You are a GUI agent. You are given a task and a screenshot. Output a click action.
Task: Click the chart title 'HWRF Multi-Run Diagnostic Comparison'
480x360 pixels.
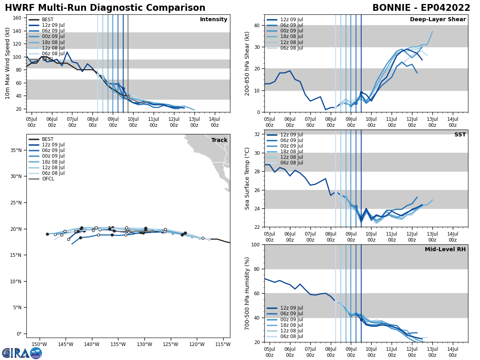105,8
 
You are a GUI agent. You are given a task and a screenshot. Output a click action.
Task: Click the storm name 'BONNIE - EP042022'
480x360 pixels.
421,8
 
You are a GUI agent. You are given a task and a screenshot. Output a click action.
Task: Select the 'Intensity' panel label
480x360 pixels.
214,20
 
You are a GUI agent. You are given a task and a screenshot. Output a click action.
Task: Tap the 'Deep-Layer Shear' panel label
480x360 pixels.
438,20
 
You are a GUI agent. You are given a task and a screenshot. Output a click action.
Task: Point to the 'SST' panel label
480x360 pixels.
460,135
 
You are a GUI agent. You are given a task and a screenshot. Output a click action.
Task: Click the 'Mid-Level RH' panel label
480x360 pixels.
445,250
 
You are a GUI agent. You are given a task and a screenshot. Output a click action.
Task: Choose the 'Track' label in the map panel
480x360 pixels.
219,140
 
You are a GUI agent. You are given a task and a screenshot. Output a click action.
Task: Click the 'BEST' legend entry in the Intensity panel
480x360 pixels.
48,20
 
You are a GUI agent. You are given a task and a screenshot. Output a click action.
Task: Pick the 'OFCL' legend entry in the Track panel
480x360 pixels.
48,179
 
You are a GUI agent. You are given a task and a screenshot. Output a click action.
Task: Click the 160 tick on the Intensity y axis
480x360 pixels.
18,18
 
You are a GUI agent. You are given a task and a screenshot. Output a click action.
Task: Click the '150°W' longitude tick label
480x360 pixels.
39,344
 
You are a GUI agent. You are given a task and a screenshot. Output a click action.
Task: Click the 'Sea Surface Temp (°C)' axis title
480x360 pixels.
247,178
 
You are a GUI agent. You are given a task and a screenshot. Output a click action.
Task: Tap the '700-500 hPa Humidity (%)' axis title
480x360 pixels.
247,293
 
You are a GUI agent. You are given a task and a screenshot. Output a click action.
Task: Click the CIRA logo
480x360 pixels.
22,353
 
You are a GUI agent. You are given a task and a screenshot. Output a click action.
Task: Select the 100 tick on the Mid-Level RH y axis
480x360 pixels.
255,245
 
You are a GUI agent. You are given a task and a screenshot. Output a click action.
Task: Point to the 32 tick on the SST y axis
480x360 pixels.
257,134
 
